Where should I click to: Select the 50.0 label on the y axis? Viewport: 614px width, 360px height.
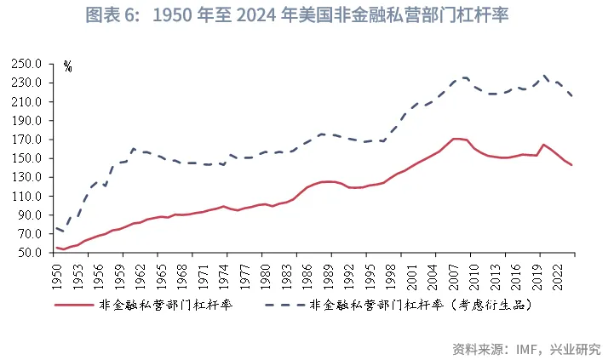pyautogui.click(x=31, y=254)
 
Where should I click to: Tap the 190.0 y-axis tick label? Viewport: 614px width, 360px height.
pyautogui.click(x=28, y=121)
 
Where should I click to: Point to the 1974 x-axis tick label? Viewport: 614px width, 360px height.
pyautogui.click(x=223, y=271)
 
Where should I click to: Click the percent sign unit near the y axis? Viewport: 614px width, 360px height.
pyautogui.click(x=68, y=67)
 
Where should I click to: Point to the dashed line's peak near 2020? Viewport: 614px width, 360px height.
pyautogui.click(x=544, y=76)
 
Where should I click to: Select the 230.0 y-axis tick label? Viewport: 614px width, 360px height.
pyautogui.click(x=28, y=83)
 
